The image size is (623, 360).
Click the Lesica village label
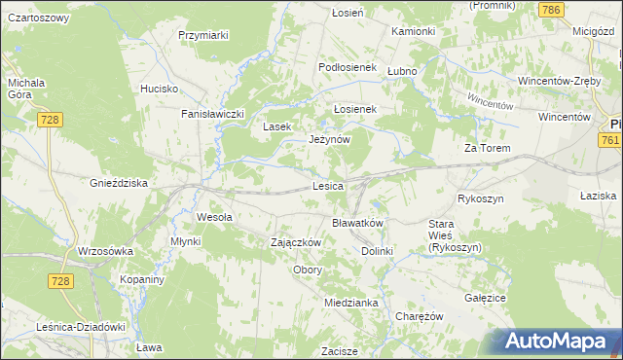click(x=328, y=185)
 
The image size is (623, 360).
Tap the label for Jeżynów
click(x=329, y=139)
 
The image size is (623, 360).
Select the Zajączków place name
click(x=296, y=241)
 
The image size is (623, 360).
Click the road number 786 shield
click(x=552, y=10)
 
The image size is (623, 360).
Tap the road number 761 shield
click(x=610, y=141)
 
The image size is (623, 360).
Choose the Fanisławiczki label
click(x=211, y=114)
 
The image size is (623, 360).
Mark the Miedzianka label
click(x=351, y=303)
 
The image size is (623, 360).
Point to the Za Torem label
click(x=488, y=149)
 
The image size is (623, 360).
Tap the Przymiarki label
click(x=203, y=35)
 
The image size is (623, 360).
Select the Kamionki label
click(x=414, y=31)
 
